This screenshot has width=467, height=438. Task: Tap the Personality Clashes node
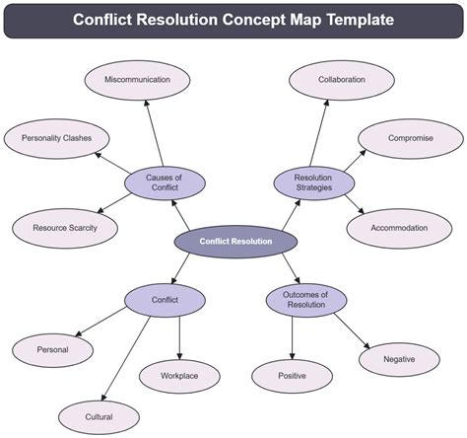click(55, 139)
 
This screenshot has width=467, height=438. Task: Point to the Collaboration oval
click(342, 80)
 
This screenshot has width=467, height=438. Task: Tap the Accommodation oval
click(399, 228)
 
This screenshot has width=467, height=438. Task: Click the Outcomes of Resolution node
click(305, 299)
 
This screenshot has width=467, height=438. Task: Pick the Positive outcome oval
click(293, 376)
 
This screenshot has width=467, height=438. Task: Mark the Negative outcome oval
click(400, 359)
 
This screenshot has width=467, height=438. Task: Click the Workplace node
click(179, 376)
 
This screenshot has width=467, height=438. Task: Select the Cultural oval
click(99, 417)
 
